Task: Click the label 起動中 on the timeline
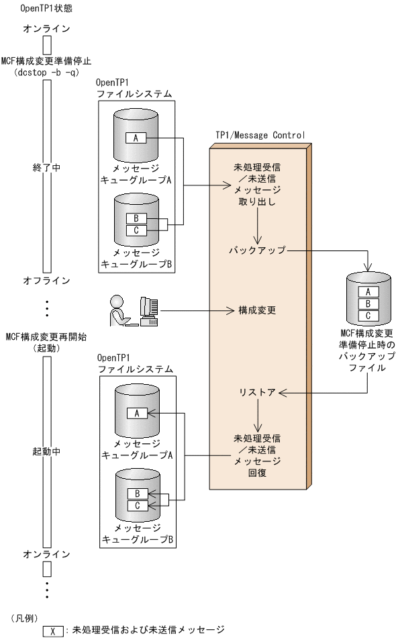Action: click(x=46, y=452)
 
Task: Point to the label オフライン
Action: click(x=46, y=280)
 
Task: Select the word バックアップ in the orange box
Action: click(x=257, y=250)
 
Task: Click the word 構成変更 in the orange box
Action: click(x=257, y=311)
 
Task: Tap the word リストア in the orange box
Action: click(x=257, y=392)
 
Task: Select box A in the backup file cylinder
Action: click(x=368, y=292)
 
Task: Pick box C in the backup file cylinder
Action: click(x=368, y=315)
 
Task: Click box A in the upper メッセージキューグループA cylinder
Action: click(x=136, y=138)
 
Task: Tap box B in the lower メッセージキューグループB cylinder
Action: click(x=136, y=494)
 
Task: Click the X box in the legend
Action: click(x=52, y=631)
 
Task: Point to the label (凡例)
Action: click(x=24, y=616)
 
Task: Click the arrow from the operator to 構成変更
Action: click(x=195, y=311)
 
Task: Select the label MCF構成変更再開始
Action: click(x=46, y=337)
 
